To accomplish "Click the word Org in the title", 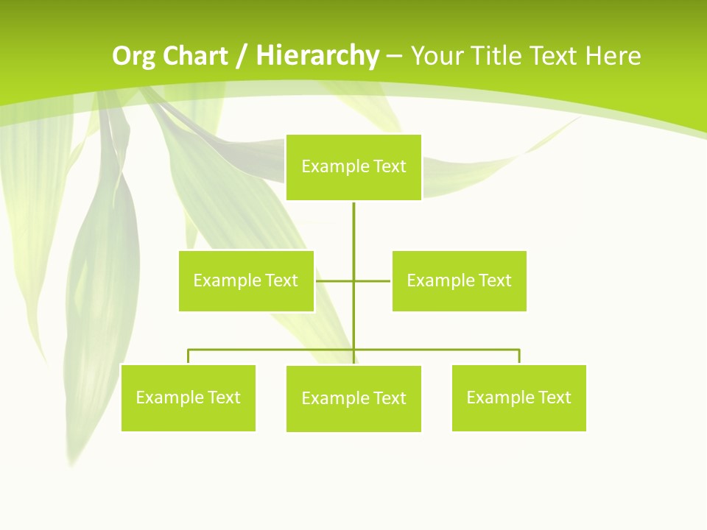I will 133,56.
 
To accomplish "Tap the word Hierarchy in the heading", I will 317,56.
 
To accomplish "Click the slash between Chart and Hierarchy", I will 242,56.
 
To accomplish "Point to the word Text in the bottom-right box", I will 555,397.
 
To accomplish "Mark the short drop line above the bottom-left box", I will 189,356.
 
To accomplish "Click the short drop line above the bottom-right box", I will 519,356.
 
